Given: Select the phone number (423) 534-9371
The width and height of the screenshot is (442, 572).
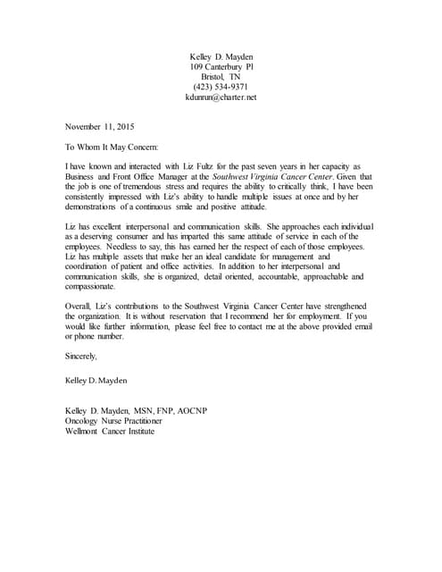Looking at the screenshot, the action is coord(221,87).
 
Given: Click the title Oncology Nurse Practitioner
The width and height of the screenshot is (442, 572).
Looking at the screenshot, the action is coord(113,421).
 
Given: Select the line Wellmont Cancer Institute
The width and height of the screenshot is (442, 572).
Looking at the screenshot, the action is coord(111,432).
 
